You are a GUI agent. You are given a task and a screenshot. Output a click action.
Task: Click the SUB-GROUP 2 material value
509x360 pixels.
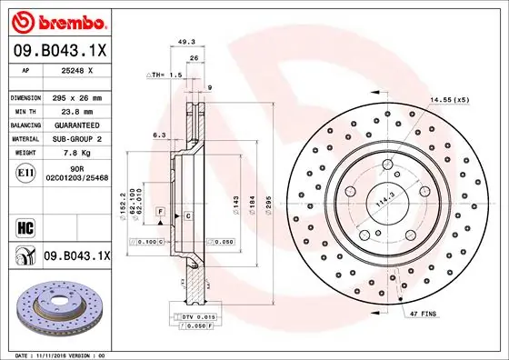click(75, 139)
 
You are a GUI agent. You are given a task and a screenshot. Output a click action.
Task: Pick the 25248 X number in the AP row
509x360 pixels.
click(76, 69)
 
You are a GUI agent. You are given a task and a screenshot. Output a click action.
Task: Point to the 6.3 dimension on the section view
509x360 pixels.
click(158, 134)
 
